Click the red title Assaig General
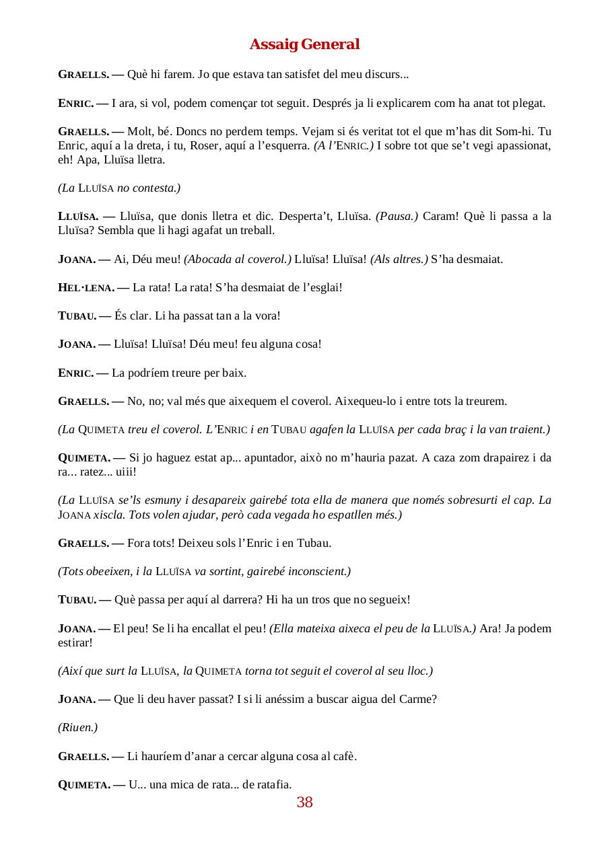coord(304,44)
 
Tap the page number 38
coord(304,802)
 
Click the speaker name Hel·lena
coord(86,288)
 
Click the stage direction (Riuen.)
coord(78,727)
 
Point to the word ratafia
coord(275,784)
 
